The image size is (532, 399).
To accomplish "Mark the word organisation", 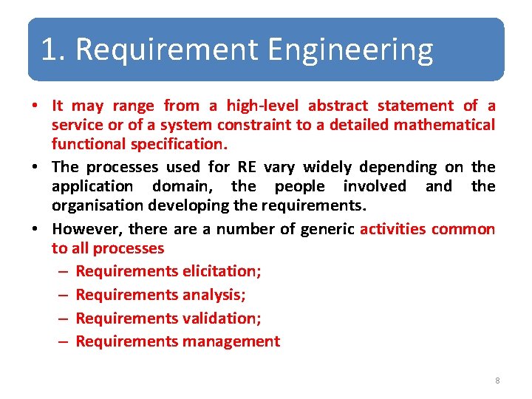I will (96, 205).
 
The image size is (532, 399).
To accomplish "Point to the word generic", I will (327, 229).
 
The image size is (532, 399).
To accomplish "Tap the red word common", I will (463, 229).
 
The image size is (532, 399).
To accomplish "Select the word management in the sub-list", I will (231, 341).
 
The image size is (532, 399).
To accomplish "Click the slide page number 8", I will (497, 381).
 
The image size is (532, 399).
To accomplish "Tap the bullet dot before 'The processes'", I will (35, 168).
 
